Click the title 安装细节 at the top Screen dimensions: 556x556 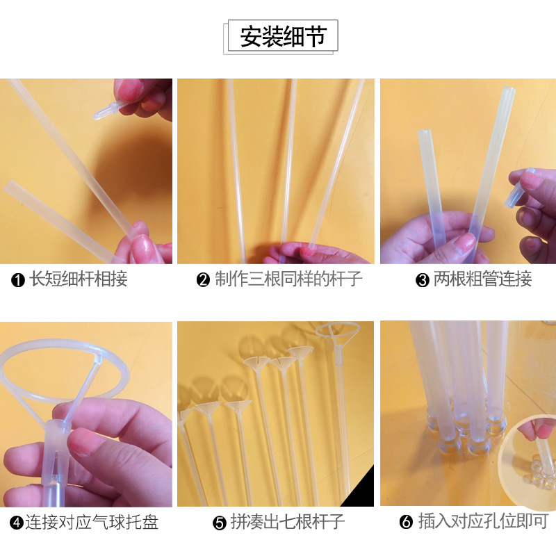[283, 36]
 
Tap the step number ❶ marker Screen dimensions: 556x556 [18, 280]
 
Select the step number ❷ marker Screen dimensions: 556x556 [203, 280]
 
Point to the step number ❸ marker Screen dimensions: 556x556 [423, 280]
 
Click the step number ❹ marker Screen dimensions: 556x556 [16, 523]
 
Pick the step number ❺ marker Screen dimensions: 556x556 [220, 523]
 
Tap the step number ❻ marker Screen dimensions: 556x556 [406, 522]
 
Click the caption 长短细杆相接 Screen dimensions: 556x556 [78, 279]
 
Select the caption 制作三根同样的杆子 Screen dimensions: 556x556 [288, 279]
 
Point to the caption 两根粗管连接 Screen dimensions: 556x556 [482, 279]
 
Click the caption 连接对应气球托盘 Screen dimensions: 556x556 [92, 522]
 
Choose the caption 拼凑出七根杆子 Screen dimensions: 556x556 [288, 522]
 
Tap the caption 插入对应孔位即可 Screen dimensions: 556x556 [483, 521]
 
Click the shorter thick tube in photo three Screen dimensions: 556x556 [431, 184]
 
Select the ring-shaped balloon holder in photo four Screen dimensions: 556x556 [64, 369]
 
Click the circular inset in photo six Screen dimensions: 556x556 [528, 461]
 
